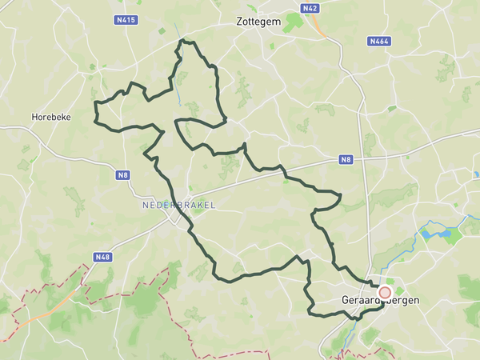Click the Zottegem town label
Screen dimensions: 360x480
click(x=259, y=22)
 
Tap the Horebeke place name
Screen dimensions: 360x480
click(x=51, y=117)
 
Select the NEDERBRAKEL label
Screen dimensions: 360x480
click(x=178, y=205)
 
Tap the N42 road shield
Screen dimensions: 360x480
click(x=310, y=8)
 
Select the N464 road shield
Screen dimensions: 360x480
click(x=378, y=40)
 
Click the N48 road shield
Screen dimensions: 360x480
click(x=102, y=257)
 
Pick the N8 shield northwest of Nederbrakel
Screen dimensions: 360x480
click(x=122, y=175)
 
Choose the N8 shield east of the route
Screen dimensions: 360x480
click(x=346, y=160)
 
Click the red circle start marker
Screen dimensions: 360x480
click(x=385, y=293)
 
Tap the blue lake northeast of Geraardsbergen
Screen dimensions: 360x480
click(x=436, y=234)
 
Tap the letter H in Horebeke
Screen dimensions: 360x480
click(x=34, y=117)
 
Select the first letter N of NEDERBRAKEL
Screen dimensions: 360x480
click(x=145, y=205)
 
